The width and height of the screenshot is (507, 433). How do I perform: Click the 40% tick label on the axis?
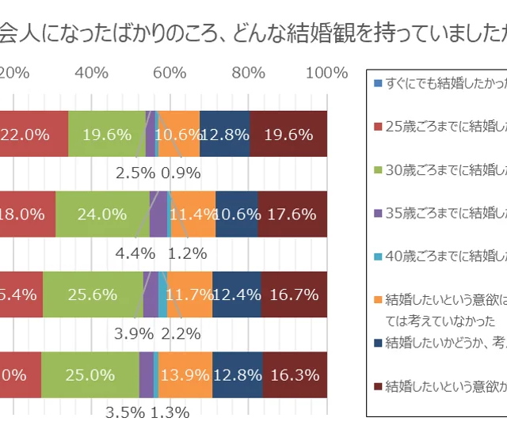pos(91,73)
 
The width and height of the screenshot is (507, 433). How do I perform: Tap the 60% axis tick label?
pos(169,73)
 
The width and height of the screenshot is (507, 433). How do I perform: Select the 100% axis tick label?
pos(326,73)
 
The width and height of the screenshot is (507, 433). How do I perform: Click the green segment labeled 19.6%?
pos(107,134)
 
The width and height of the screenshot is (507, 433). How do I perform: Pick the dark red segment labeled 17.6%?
pos(292,214)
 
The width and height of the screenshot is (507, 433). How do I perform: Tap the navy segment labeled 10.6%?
pos(237,214)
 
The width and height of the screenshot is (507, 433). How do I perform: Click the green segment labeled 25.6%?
pos(93,294)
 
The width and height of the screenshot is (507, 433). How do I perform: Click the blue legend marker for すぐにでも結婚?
pos(378,82)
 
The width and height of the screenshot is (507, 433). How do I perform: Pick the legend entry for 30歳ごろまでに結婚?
pos(444,168)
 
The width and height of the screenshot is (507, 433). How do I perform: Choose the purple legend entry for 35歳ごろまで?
pos(444,211)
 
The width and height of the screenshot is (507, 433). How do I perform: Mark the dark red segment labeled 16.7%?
pos(294,294)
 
